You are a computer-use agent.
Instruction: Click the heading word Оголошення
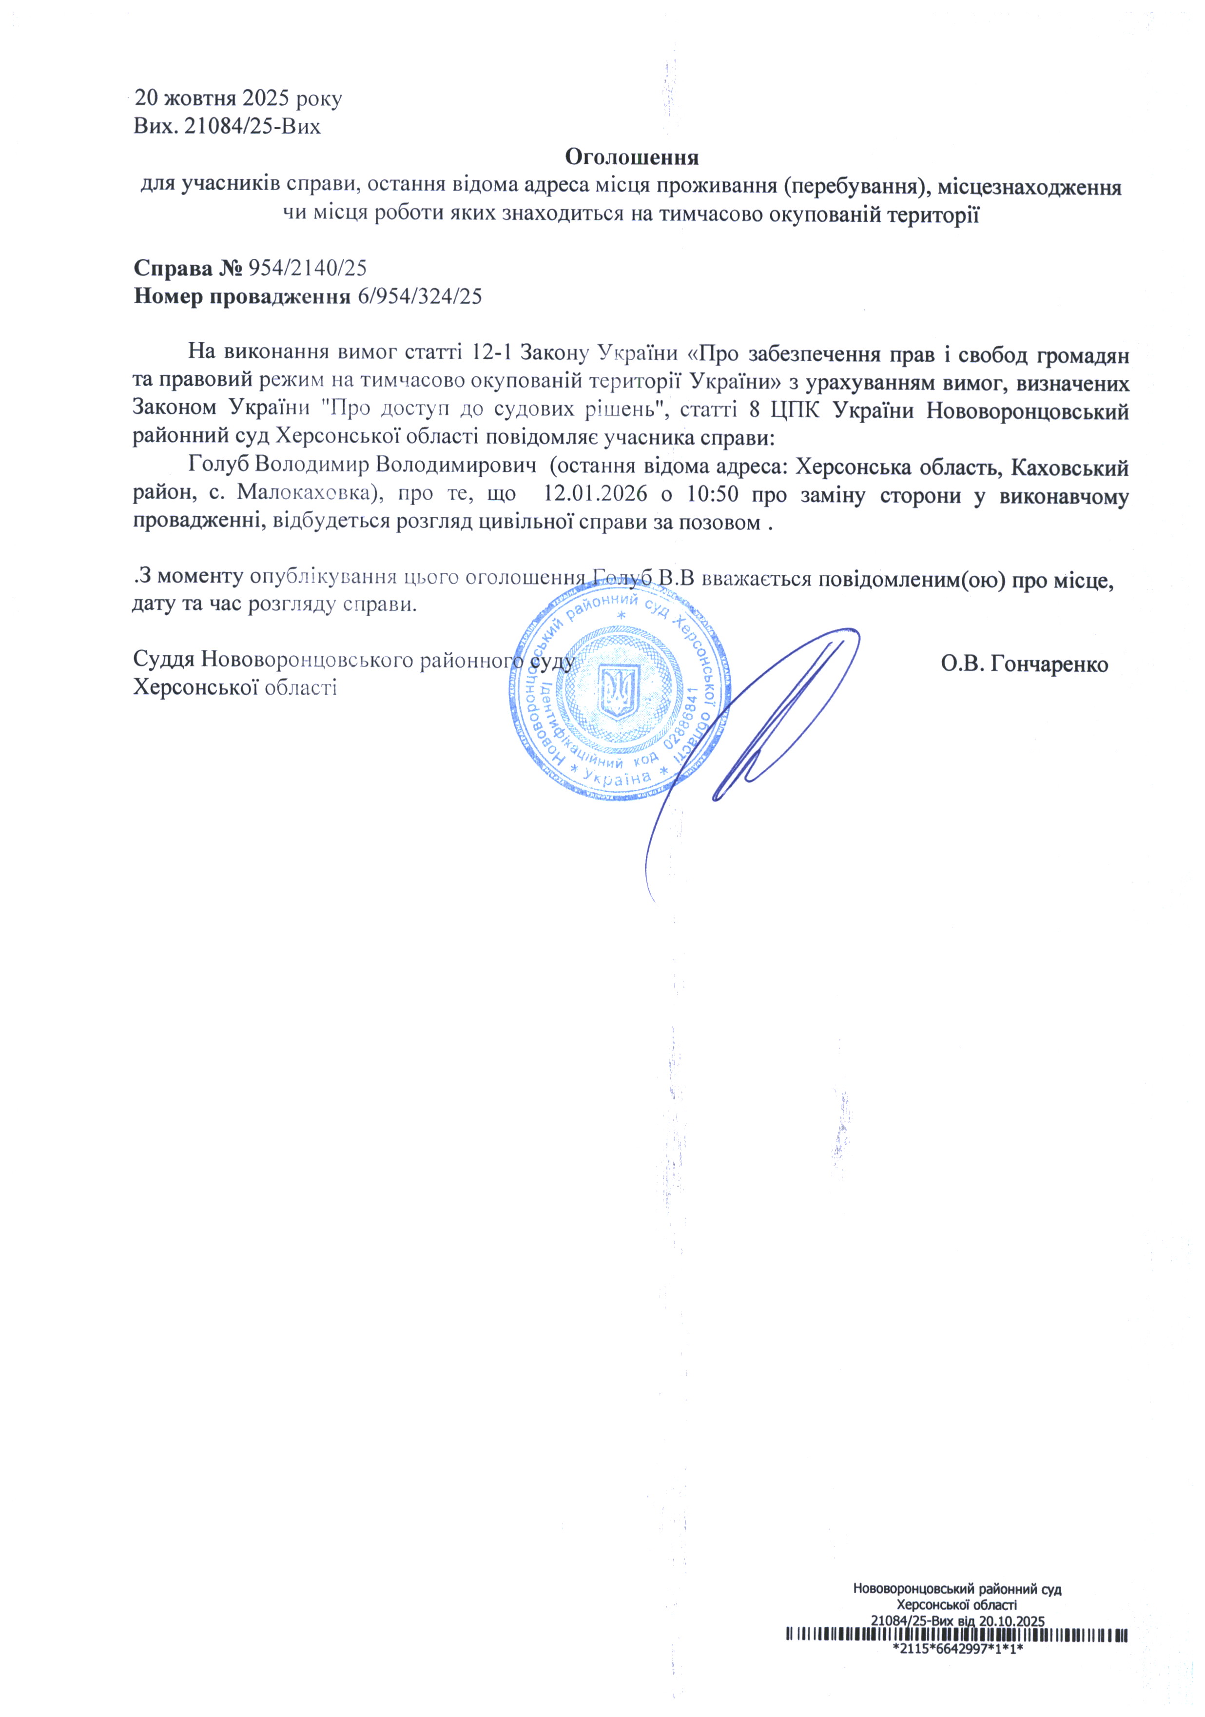coord(632,158)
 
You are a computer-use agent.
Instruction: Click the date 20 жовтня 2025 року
coord(238,98)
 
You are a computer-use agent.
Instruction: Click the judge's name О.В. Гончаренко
coord(1024,664)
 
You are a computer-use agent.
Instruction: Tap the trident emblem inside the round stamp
coord(619,692)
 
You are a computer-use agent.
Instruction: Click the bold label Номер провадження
coord(241,297)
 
